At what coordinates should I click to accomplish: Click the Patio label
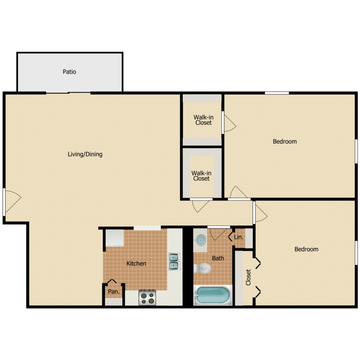(70, 72)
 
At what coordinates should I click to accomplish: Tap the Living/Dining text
(85, 155)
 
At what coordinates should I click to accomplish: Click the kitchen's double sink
(173, 261)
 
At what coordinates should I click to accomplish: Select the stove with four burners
(148, 298)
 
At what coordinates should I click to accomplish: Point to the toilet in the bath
(203, 268)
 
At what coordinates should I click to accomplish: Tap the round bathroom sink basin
(201, 239)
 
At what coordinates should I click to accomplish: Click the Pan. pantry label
(113, 291)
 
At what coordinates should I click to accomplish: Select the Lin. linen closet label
(239, 237)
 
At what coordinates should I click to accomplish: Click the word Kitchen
(136, 264)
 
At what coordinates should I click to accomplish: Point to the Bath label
(218, 258)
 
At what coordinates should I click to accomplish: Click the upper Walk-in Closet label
(203, 120)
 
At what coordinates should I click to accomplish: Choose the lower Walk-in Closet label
(201, 175)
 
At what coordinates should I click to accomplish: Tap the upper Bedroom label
(285, 142)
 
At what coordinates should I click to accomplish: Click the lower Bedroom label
(306, 249)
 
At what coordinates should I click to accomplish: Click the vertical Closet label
(248, 277)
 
